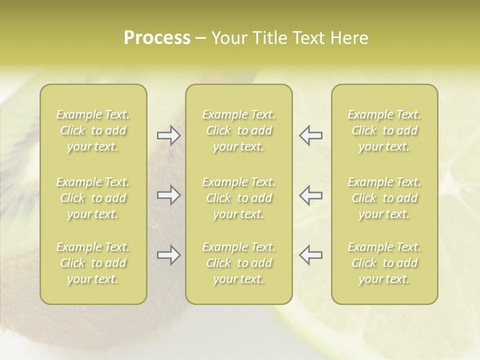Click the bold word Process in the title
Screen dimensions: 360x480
[x=157, y=37]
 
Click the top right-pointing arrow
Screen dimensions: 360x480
[x=169, y=135]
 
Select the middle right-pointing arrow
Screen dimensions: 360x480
[x=169, y=195]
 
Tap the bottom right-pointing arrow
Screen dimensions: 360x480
[x=169, y=255]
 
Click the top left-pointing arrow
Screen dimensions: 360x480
[x=310, y=135]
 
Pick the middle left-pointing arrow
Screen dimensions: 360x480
[x=310, y=195]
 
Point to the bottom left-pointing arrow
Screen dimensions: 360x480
[x=310, y=255]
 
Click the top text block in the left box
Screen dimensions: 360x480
[x=93, y=130]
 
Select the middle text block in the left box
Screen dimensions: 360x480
[x=93, y=198]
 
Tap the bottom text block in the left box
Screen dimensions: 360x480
[x=93, y=263]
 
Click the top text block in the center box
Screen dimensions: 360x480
[x=239, y=130]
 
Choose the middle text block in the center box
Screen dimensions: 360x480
[x=239, y=198]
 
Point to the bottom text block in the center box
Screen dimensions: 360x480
[x=239, y=263]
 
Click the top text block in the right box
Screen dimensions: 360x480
[x=384, y=130]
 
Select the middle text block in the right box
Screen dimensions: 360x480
[x=384, y=198]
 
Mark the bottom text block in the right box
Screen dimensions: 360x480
[x=384, y=263]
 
